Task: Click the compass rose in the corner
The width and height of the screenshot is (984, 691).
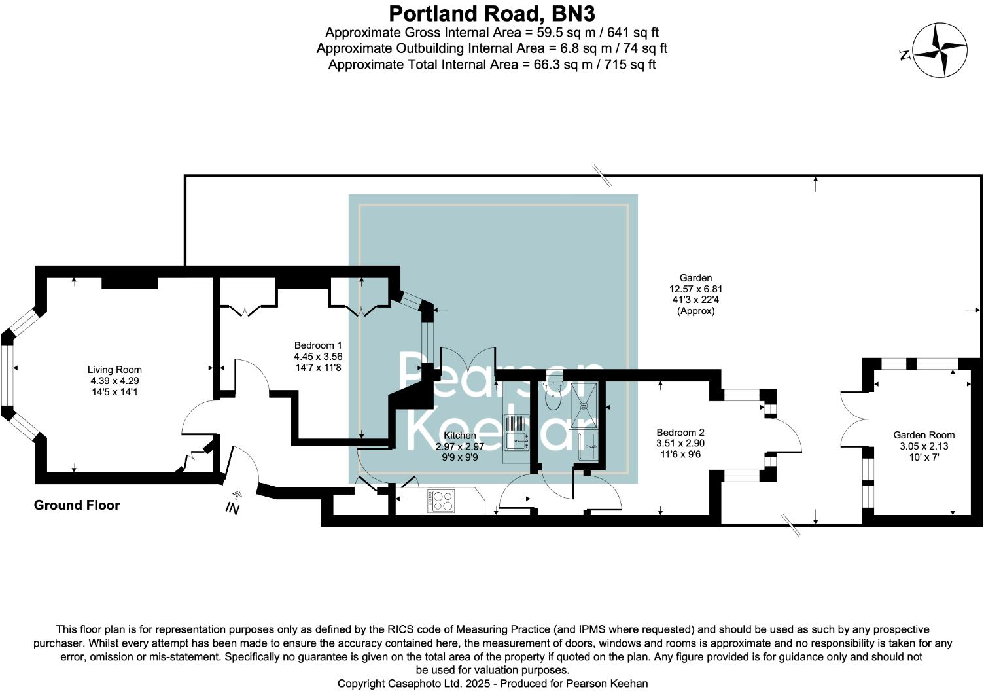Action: (x=940, y=50)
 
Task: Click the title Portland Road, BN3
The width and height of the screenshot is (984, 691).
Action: (x=491, y=13)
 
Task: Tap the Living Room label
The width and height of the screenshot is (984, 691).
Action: (x=114, y=370)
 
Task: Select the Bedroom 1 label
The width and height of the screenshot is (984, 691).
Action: (x=318, y=345)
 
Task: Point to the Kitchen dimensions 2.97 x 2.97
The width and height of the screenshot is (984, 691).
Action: (x=460, y=447)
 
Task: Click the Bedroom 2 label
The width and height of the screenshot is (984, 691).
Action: (x=680, y=433)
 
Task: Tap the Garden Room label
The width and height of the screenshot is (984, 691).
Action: (x=924, y=435)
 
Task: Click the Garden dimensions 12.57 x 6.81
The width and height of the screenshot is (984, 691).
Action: (x=695, y=289)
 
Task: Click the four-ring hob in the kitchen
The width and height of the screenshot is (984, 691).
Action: (x=441, y=501)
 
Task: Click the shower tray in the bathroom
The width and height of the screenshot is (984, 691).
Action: (x=584, y=404)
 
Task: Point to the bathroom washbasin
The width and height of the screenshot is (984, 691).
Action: (x=587, y=448)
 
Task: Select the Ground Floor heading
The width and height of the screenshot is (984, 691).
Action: (x=77, y=505)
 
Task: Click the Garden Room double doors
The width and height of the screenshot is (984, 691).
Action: (x=852, y=419)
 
